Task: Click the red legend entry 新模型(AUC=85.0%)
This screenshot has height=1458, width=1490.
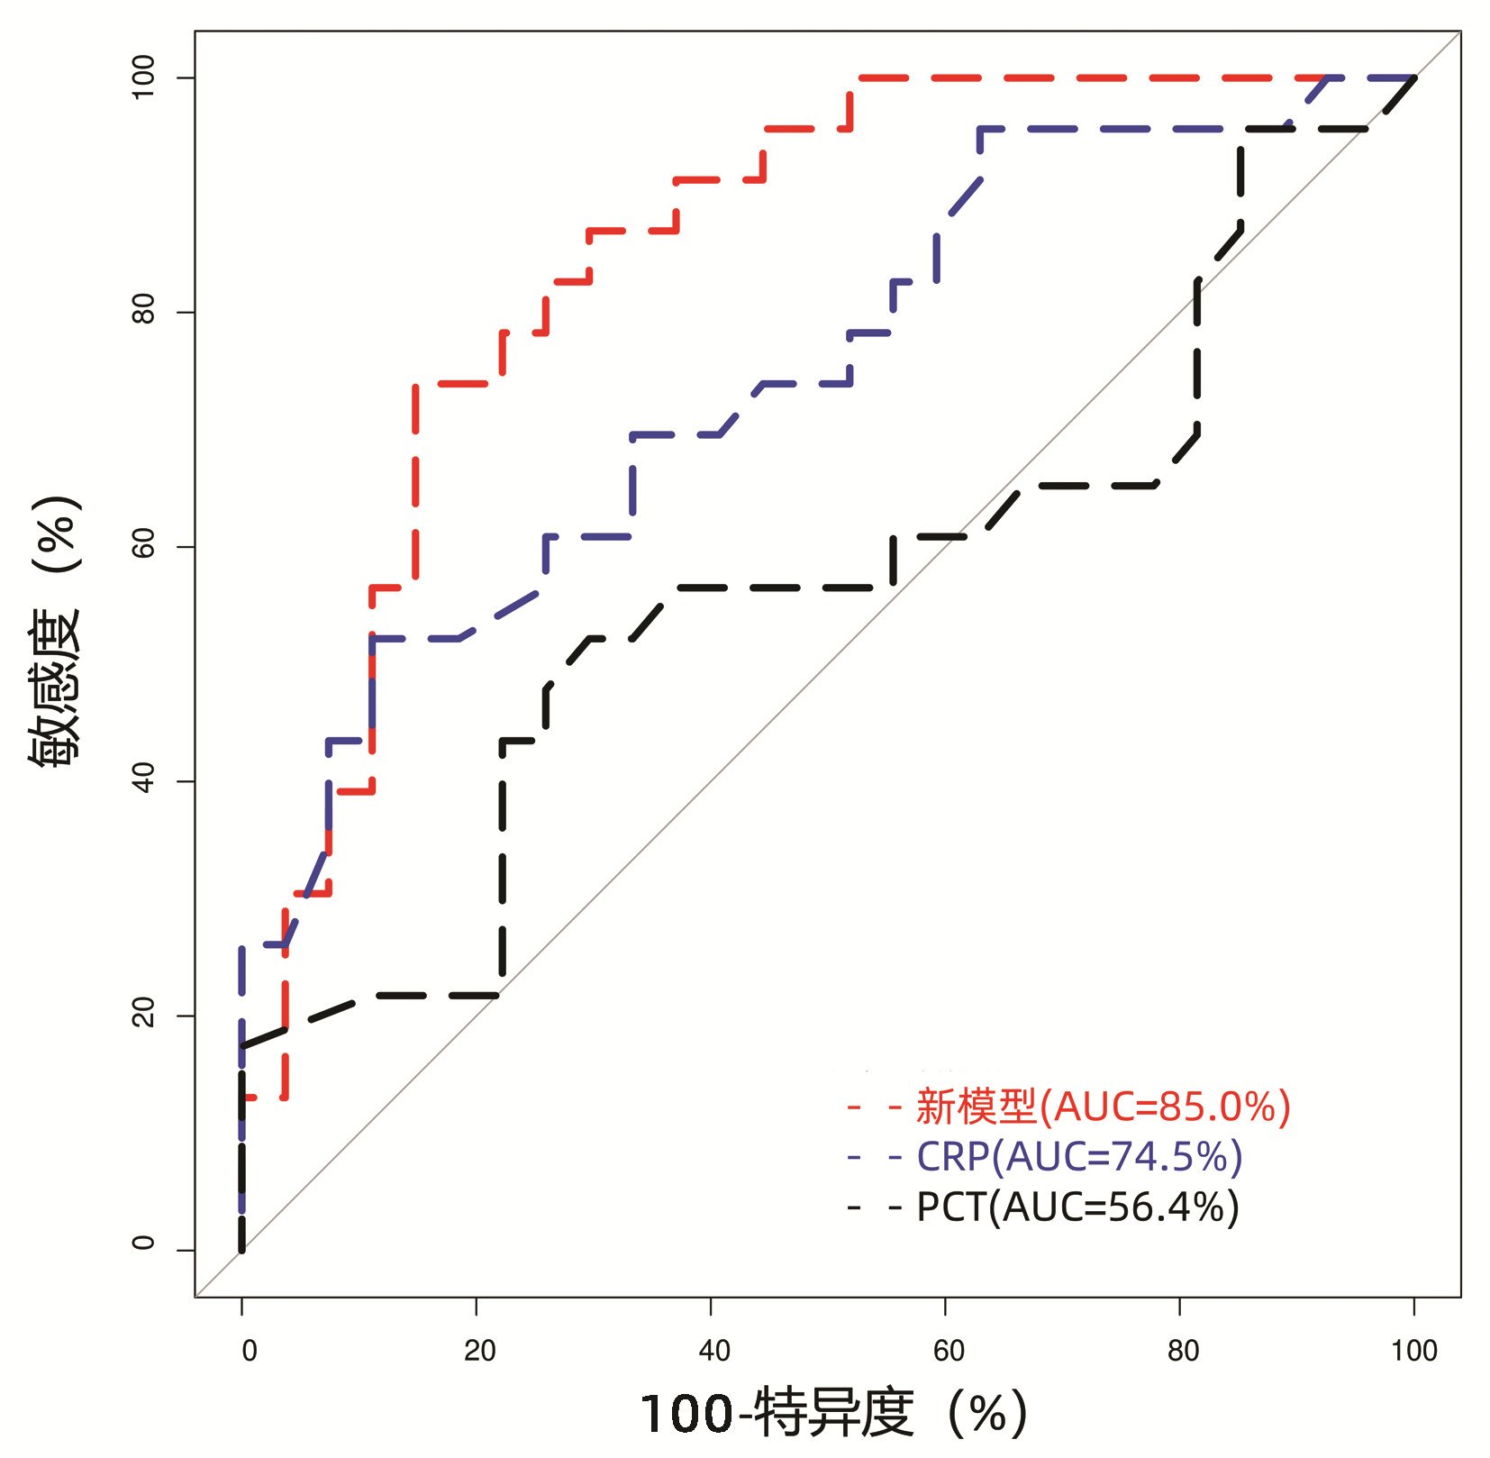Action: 1103,1107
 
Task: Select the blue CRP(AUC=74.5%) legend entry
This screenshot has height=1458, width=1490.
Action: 1079,1157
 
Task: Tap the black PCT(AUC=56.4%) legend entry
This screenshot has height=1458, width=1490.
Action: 1077,1207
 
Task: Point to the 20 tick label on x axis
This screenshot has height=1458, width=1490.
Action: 479,1351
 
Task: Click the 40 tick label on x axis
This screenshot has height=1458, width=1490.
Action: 713,1351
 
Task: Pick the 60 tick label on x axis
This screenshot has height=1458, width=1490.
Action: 948,1351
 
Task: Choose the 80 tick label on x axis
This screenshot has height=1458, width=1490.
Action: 1182,1351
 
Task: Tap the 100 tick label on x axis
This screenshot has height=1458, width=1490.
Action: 1413,1351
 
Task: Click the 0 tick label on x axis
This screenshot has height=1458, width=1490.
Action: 249,1351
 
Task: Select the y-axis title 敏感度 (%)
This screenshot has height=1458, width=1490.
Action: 56,631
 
